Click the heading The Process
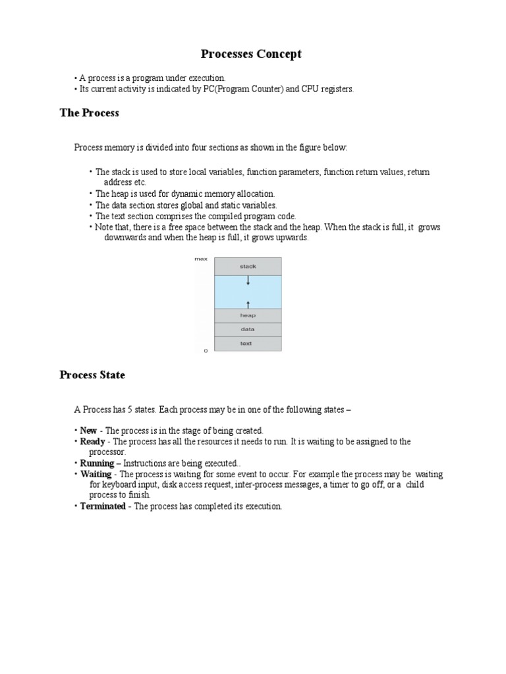pos(89,113)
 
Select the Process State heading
pos(92,375)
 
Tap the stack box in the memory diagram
pos(248,266)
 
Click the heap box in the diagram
pos(248,315)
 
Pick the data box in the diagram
pos(248,329)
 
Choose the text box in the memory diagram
pos(248,343)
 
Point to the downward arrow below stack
pos(248,280)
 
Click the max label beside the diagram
pos(200,259)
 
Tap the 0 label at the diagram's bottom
pos(206,351)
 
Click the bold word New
pos(88,430)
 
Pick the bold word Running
pos(96,463)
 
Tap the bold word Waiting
pos(96,474)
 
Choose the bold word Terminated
pos(103,506)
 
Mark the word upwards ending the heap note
pos(292,238)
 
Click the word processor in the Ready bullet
pos(107,452)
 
